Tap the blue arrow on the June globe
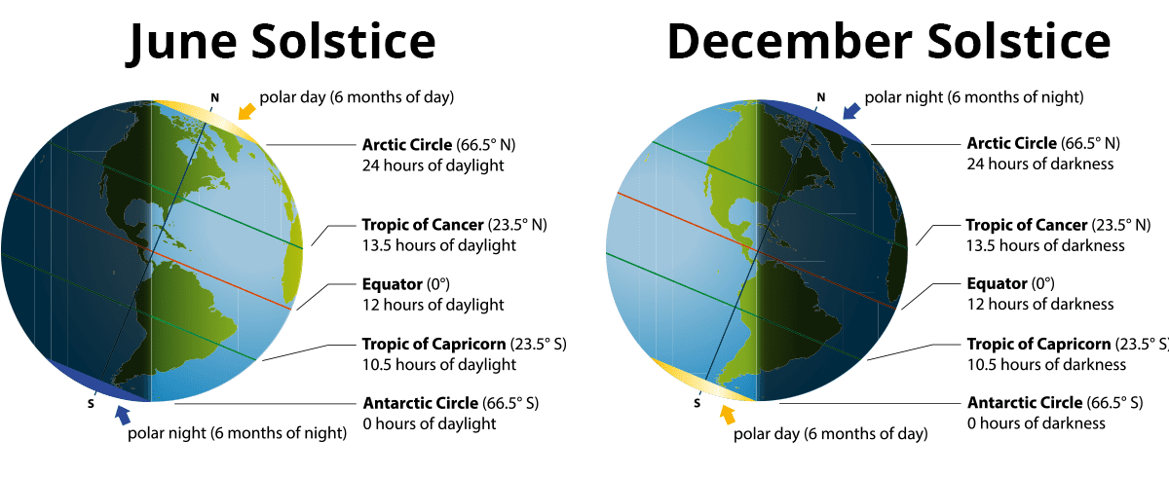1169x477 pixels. click(123, 415)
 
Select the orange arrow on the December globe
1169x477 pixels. click(726, 416)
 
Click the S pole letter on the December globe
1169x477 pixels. click(697, 403)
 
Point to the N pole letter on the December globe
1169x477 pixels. click(820, 97)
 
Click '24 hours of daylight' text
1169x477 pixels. click(433, 165)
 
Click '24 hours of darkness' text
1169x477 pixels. click(1039, 165)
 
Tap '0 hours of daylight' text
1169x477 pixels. click(430, 423)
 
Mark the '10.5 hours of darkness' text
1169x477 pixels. click(1046, 365)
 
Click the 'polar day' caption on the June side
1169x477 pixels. click(357, 96)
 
